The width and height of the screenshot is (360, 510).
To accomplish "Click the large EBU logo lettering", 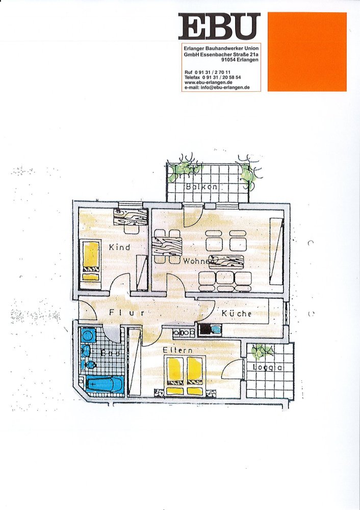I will (x=219, y=27).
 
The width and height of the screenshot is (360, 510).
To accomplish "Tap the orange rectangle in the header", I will (x=307, y=52).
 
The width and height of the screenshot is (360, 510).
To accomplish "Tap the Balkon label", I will (x=202, y=187).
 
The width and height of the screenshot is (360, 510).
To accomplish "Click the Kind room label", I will (x=119, y=247).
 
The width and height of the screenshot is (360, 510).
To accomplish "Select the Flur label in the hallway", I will (x=126, y=313).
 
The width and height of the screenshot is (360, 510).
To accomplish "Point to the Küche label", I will (x=236, y=313).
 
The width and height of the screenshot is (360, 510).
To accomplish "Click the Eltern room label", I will (x=177, y=351).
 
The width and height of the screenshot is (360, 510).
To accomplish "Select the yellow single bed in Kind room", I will (x=91, y=260).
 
